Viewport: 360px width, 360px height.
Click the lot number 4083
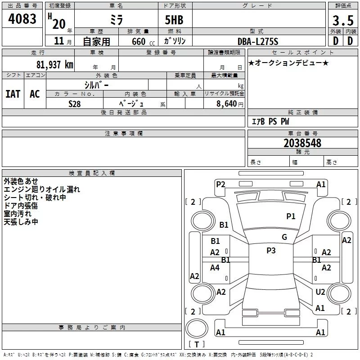pyautogui.click(x=22, y=19)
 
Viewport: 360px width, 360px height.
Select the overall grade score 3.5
pyautogui.click(x=342, y=21)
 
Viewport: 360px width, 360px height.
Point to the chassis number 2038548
pyautogui.click(x=302, y=143)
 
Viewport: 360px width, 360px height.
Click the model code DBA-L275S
pyautogui.click(x=258, y=41)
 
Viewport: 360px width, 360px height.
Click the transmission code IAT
pyautogui.click(x=13, y=94)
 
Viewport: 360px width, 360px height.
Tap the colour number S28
pyautogui.click(x=75, y=103)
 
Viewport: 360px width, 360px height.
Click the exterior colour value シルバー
pyautogui.click(x=96, y=85)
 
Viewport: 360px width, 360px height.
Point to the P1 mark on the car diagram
pyautogui.click(x=291, y=216)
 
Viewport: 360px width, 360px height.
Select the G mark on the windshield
pyautogui.click(x=284, y=237)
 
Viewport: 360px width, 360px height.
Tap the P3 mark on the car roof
pyautogui.click(x=271, y=251)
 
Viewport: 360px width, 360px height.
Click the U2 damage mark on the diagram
pyautogui.click(x=320, y=292)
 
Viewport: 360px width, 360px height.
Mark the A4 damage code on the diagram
pyautogui.click(x=215, y=267)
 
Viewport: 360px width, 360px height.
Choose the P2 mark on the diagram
pyautogui.click(x=220, y=184)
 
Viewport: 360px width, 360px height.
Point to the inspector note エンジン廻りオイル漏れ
pyautogui.click(x=42, y=189)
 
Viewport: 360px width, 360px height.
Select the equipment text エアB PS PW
pyautogui.click(x=270, y=121)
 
